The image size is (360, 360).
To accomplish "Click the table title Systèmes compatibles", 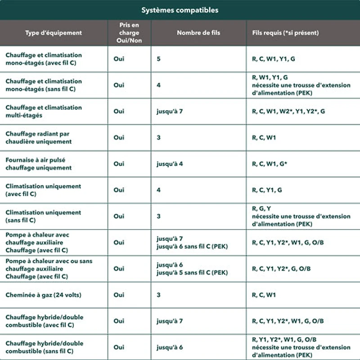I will tap(180, 10).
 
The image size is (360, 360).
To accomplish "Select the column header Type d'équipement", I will tap(54, 33).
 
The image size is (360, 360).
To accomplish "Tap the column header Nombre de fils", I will tap(198, 33).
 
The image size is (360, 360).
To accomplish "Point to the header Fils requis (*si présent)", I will tap(285, 33).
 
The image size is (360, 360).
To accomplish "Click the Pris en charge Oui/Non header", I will tap(130, 33).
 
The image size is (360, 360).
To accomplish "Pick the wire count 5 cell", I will tap(158, 59).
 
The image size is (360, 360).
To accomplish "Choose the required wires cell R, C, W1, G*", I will tap(270, 164).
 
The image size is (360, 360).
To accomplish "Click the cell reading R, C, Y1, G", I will tap(267, 190).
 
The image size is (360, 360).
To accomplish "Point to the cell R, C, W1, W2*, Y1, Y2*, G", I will tap(288, 112).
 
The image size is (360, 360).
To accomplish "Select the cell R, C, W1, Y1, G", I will tap(274, 59).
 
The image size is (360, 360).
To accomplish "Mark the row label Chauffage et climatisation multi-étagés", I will tap(44, 112).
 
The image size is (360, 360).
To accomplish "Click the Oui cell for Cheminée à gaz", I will tap(119, 295).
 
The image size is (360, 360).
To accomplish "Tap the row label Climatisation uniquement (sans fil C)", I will tap(43, 216).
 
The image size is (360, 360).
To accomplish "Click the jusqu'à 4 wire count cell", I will tap(170, 164).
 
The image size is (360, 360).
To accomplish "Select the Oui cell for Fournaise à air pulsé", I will tap(119, 164).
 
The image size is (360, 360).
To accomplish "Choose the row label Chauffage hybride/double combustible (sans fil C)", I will tap(44, 347).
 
